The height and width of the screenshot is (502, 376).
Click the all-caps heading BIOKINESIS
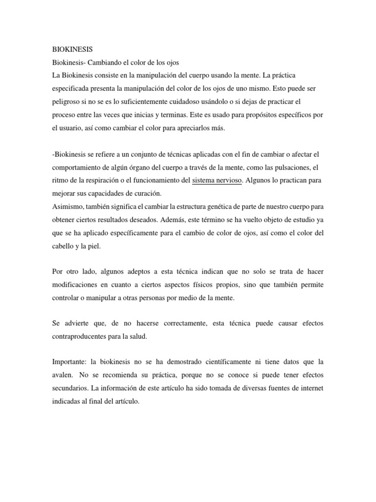72,50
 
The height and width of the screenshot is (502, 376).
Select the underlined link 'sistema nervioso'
217,180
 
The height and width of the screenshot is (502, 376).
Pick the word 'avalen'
63,375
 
